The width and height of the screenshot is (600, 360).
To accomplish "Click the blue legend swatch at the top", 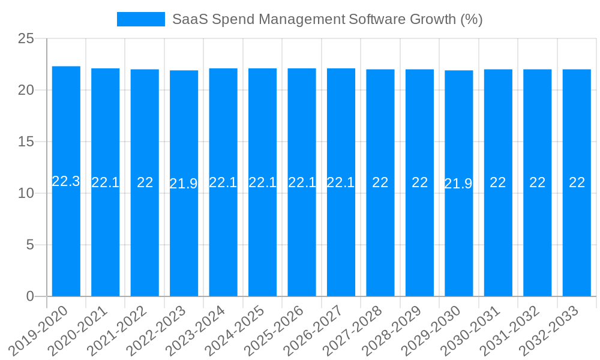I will (140, 19).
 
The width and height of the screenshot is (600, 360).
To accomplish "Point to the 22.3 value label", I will (66, 181).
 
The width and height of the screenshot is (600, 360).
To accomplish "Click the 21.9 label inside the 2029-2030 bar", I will (458, 184).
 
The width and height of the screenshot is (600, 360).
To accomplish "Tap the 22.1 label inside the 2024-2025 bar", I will (262, 182).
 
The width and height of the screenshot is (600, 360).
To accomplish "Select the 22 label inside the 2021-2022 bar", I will (145, 182).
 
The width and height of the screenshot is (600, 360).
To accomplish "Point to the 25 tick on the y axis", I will (26, 39).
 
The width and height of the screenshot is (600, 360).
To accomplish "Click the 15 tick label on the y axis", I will (26, 142).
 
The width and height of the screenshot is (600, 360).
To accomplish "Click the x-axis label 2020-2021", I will (78, 330).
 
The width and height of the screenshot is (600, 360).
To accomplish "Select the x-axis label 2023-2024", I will (196, 330).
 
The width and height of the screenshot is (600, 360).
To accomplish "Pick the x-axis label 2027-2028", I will (353, 330).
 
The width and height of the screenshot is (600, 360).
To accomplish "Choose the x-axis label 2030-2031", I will (470, 330).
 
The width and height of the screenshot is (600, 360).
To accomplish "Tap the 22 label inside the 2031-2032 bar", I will (537, 182).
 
